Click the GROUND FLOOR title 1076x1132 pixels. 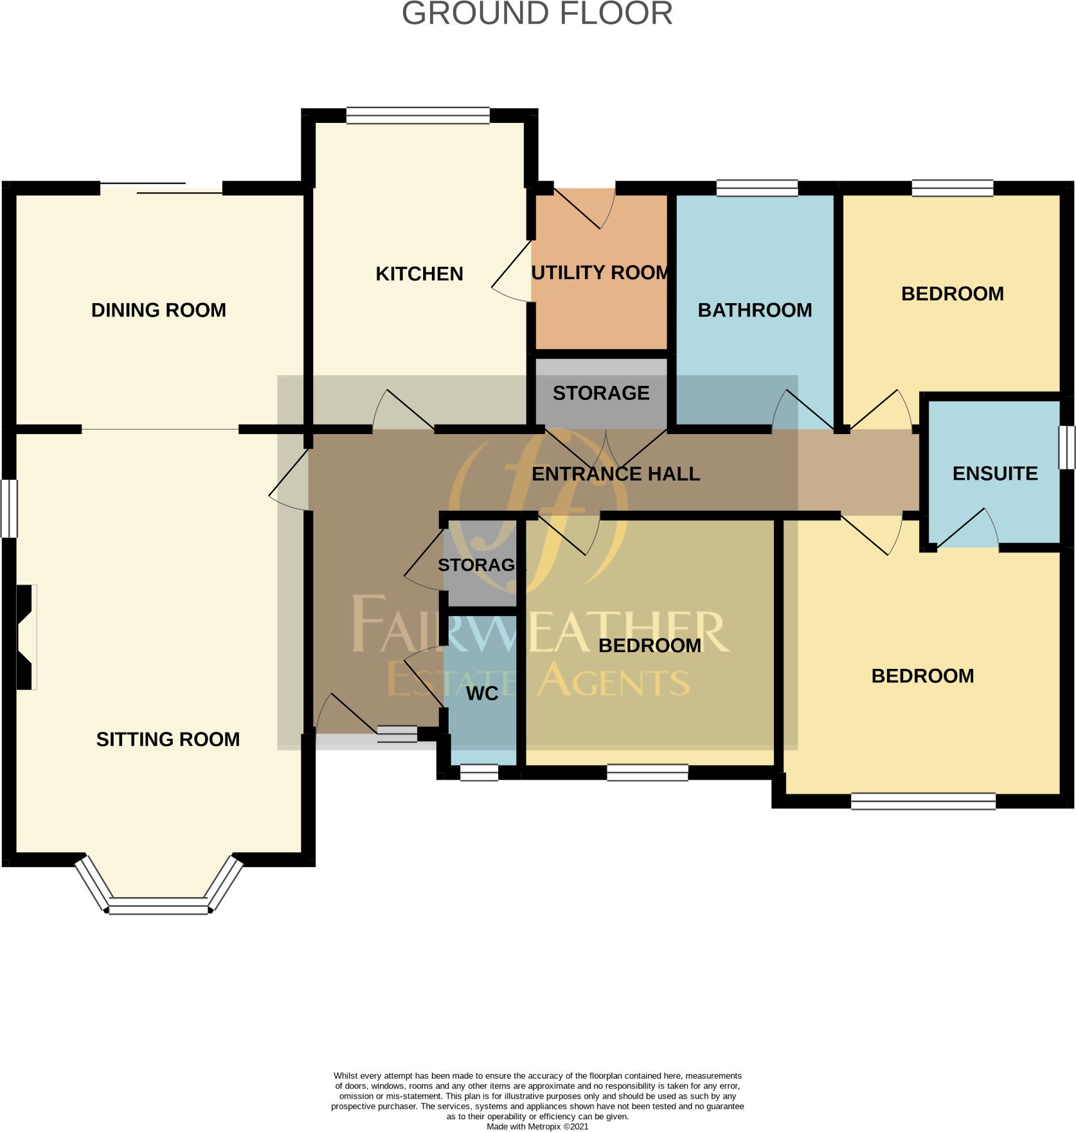(x=537, y=14)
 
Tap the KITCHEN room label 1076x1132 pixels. (x=419, y=274)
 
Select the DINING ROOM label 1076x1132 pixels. (x=159, y=310)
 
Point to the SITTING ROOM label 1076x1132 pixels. (x=168, y=739)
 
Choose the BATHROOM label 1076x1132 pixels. (x=755, y=310)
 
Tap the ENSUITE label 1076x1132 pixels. (x=994, y=473)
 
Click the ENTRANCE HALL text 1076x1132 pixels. (x=615, y=474)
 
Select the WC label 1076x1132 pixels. (x=482, y=693)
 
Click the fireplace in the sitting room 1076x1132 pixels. (x=26, y=637)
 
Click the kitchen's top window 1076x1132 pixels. (x=418, y=116)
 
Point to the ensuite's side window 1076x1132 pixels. (x=1066, y=447)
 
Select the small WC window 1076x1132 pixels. (x=480, y=772)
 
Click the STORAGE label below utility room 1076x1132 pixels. (x=601, y=393)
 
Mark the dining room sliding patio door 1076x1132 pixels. (x=161, y=188)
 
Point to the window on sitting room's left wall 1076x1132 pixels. (x=9, y=508)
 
